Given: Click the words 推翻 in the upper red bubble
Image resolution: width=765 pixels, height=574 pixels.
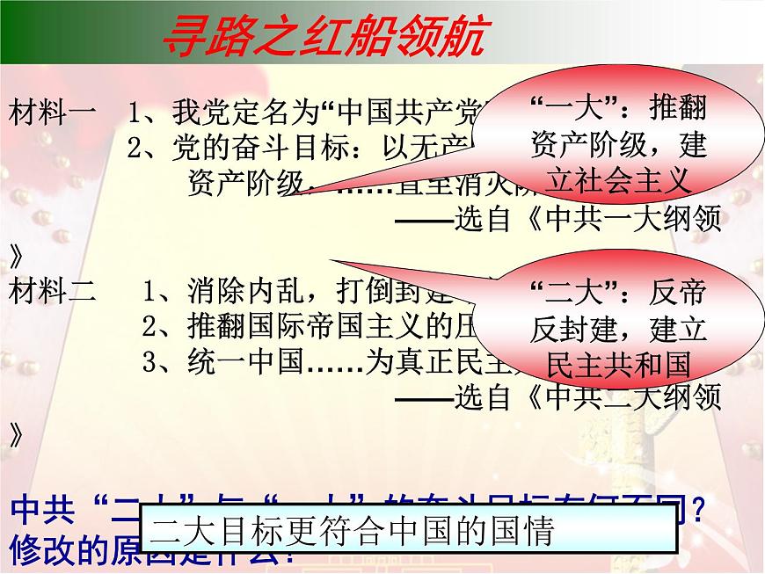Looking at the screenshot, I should [677, 110].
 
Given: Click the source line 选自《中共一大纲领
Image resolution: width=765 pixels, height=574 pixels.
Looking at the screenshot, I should [588, 219].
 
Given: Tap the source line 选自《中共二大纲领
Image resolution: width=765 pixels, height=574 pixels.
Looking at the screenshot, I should [588, 398].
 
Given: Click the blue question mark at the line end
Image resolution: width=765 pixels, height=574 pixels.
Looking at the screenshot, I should [696, 511].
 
